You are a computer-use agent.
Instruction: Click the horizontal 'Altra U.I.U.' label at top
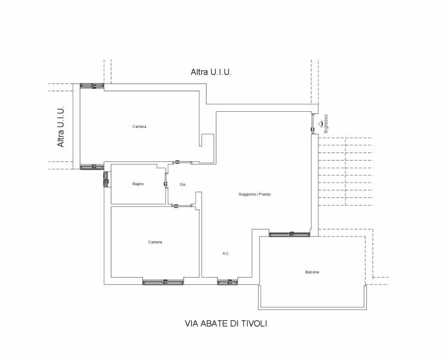pyautogui.click(x=211, y=72)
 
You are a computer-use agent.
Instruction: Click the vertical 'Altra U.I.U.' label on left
pyautogui.click(x=60, y=127)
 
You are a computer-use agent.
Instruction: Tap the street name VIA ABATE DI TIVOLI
pyautogui.click(x=226, y=323)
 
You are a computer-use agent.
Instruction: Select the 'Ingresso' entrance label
pyautogui.click(x=326, y=123)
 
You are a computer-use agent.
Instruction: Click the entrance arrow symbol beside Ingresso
pyautogui.click(x=320, y=123)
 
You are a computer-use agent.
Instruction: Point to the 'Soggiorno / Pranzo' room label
pyautogui.click(x=255, y=194)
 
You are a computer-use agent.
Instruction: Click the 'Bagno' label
pyautogui.click(x=138, y=184)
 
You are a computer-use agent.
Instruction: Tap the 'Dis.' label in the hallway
pyautogui.click(x=183, y=184)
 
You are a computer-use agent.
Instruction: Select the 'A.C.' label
pyautogui.click(x=226, y=253)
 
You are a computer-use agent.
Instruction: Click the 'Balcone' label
pyautogui.click(x=312, y=272)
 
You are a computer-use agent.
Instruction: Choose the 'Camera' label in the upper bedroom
pyautogui.click(x=140, y=127)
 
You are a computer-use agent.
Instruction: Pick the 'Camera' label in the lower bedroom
pyautogui.click(x=155, y=242)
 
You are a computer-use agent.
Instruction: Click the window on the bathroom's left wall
pyautogui.click(x=106, y=179)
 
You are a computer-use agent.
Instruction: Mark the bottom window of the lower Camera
pyautogui.click(x=163, y=282)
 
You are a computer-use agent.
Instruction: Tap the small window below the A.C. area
pyautogui.click(x=227, y=282)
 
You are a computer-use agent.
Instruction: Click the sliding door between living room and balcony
pyautogui.click(x=290, y=234)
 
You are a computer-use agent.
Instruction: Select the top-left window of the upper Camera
pyautogui.click(x=92, y=85)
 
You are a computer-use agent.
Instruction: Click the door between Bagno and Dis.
pyautogui.click(x=166, y=183)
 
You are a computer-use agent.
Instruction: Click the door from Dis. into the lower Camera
pyautogui.click(x=181, y=206)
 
